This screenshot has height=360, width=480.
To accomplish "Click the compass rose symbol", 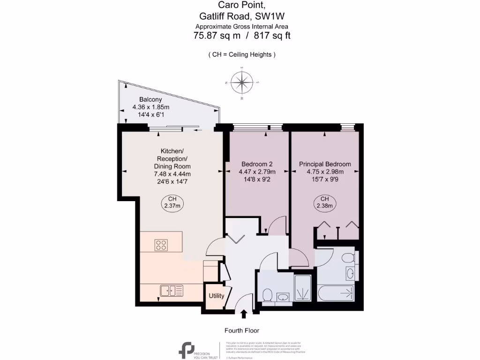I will coord(242,82).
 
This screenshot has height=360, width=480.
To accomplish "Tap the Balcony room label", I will coord(150,99).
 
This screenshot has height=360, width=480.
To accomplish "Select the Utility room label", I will coord(216,296).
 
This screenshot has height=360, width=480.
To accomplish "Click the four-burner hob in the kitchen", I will coord(161,244).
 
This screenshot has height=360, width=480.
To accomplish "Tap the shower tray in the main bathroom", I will coord(305,287).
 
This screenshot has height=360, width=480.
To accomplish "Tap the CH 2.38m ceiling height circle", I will coord(324,202).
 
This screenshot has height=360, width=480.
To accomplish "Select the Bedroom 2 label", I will coord(257,164).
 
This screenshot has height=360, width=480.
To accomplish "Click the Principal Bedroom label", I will coord(325,164).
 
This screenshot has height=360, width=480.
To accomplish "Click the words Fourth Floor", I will coord(241,330).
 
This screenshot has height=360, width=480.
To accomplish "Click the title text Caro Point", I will coord(242,6).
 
